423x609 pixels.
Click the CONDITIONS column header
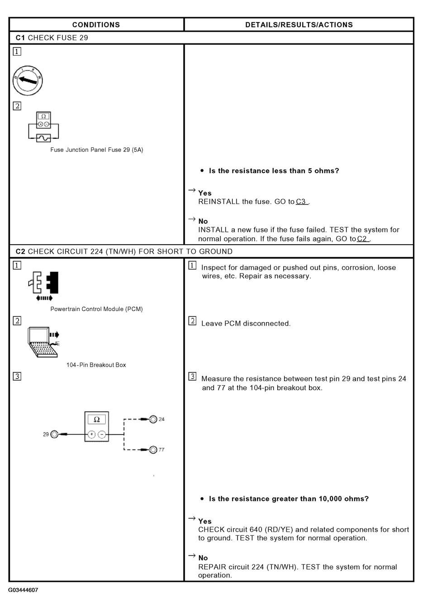pos(96,25)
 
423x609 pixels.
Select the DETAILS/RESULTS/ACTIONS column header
pos(299,25)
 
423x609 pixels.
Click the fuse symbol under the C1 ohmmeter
pos(43,138)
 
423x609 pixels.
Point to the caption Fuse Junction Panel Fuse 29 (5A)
pos(96,150)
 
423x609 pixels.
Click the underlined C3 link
pos(302,202)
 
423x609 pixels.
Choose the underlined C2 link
pos(363,239)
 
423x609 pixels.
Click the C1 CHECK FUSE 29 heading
pos(52,38)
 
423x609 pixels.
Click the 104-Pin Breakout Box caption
pos(96,365)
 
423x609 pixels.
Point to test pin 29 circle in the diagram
pos(54,434)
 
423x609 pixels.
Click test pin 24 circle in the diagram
pos(153,419)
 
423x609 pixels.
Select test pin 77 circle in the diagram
pos(153,449)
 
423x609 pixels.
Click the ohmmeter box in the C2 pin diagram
pos(96,427)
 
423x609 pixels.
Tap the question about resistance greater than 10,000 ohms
pos(289,499)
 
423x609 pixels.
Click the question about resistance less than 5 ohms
pos(274,171)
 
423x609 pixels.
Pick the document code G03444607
pos(23,590)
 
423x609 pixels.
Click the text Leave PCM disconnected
pos(246,324)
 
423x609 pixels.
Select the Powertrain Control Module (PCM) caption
pos(96,309)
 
